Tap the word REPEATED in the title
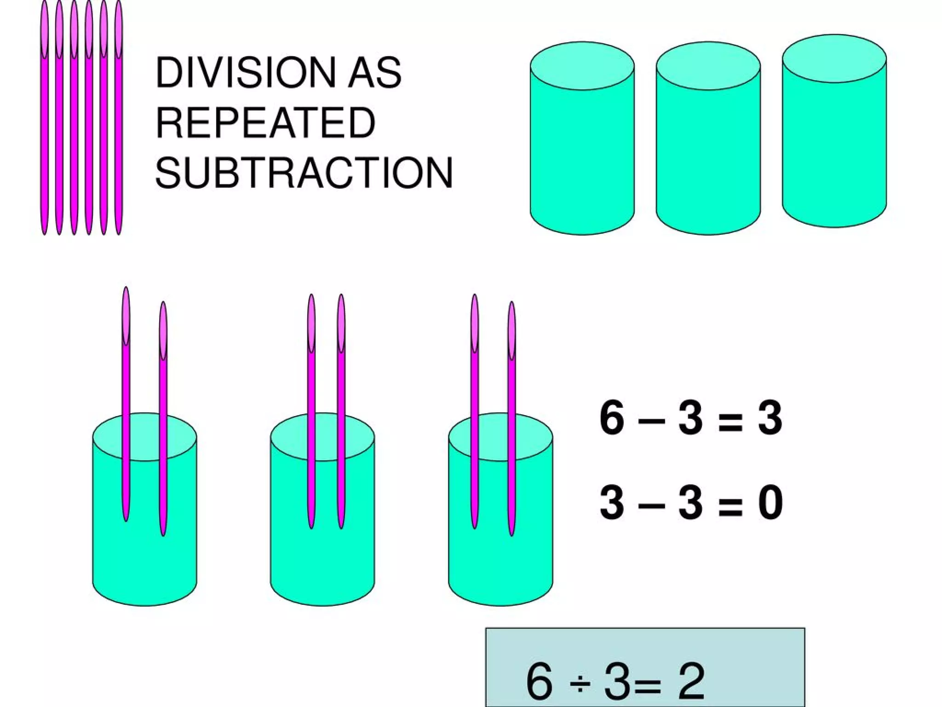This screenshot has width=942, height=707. [x=265, y=122]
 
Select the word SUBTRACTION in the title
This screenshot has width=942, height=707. [x=304, y=173]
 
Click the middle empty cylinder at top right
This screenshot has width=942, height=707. [x=708, y=147]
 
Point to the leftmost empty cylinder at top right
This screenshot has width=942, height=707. [x=582, y=147]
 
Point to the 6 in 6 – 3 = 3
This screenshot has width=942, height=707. [x=612, y=418]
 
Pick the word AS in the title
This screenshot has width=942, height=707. [x=374, y=72]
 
